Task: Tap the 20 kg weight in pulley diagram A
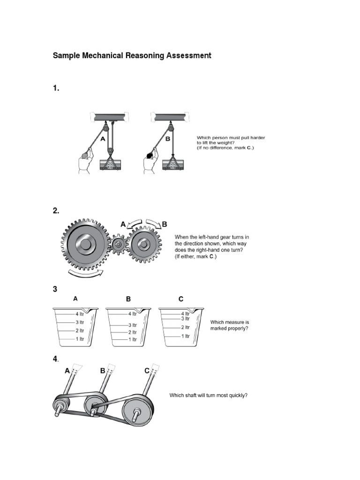point(110,165)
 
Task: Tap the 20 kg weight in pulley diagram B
point(173,165)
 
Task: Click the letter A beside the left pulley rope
point(103,139)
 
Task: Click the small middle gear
point(119,244)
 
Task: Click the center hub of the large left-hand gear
point(85,245)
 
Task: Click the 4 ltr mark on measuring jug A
point(79,314)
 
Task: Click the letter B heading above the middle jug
point(128,299)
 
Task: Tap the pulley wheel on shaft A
point(61,405)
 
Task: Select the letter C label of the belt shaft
point(147,370)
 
